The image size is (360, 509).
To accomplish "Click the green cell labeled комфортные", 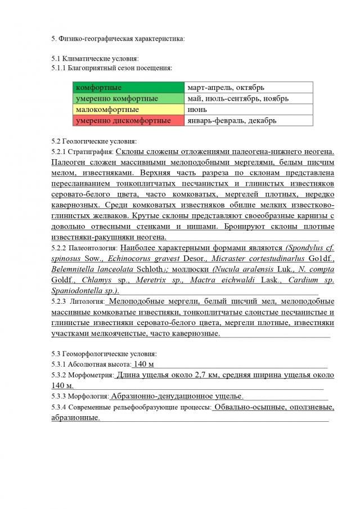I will click(x=128, y=88).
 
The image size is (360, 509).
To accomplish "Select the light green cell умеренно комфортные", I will click(x=128, y=98).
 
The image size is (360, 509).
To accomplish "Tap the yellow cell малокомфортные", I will click(x=128, y=109).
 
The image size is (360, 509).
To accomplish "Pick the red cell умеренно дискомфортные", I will click(x=128, y=120).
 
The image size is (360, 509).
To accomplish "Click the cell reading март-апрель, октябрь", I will click(x=248, y=88).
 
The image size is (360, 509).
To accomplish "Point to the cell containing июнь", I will click(x=248, y=109).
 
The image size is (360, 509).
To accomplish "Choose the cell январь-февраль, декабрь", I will click(x=248, y=120).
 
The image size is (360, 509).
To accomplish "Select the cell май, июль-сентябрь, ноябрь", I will click(x=248, y=98).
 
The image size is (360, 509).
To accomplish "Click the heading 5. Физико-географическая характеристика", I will click(x=118, y=39).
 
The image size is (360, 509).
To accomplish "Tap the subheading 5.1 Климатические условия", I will click(x=95, y=58).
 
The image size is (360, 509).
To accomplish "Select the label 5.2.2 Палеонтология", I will click(x=84, y=247).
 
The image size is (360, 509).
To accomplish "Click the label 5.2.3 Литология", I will click(x=77, y=302).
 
